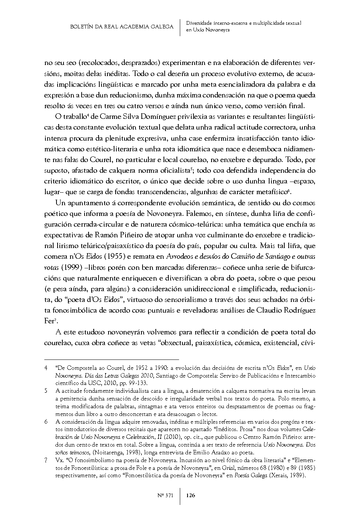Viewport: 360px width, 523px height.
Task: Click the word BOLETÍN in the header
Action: pos(82,27)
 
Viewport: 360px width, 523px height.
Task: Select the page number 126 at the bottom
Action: pos(191,495)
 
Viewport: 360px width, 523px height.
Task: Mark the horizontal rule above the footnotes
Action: pos(111,358)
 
